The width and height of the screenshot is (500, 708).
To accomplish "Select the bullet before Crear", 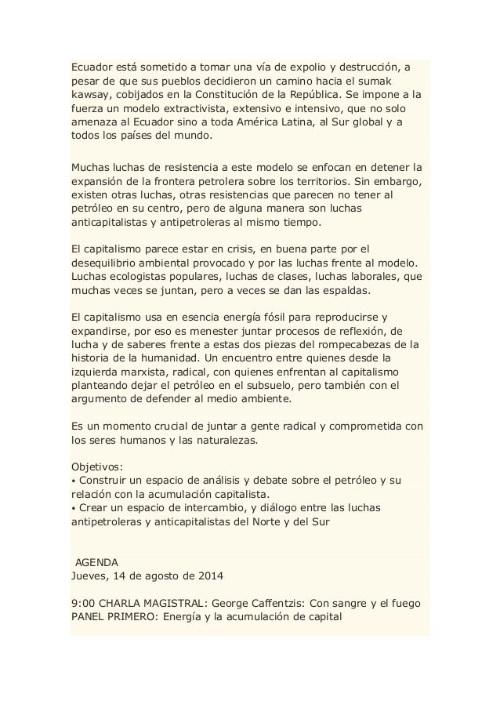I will point(74,509).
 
